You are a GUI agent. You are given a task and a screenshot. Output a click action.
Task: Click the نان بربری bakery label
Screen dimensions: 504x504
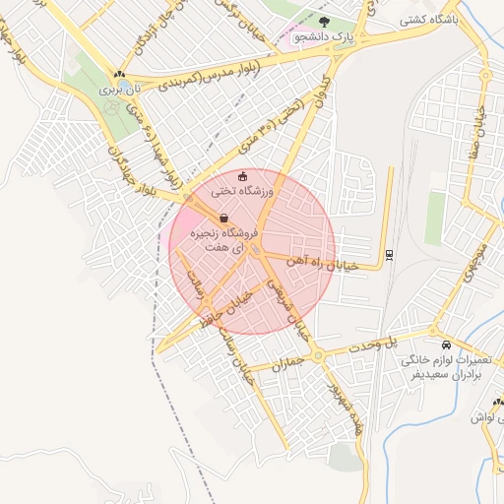click(x=124, y=89)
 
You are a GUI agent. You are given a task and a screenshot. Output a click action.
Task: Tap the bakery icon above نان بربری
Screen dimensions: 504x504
click(x=119, y=74)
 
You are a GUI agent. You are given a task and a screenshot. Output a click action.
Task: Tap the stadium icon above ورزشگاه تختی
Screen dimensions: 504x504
click(x=244, y=177)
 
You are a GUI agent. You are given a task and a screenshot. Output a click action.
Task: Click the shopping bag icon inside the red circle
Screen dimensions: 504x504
click(x=223, y=218)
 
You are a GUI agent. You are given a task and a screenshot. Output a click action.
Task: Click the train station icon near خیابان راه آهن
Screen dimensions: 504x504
click(x=389, y=254)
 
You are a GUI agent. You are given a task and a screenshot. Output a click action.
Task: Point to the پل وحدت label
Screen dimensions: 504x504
click(x=401, y=343)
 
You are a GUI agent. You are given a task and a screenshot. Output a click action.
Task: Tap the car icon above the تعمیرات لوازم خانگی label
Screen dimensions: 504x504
click(x=447, y=346)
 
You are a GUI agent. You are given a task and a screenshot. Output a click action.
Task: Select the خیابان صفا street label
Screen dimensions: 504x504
click(x=482, y=128)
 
